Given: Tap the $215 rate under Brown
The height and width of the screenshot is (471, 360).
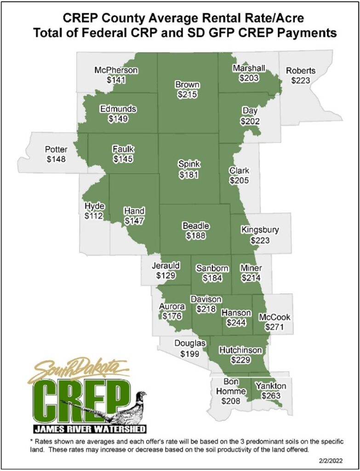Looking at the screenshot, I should (x=187, y=95).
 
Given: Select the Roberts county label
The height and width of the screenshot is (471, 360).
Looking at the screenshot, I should (x=301, y=71).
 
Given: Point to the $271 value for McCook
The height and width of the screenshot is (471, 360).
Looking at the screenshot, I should (x=274, y=327).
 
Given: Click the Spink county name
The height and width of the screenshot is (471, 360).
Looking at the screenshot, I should (x=189, y=164).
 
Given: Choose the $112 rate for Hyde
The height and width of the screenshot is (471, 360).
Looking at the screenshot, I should (x=94, y=215).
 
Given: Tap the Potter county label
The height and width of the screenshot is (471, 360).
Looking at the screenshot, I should (x=56, y=149).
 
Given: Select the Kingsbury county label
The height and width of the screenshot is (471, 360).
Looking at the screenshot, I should (x=260, y=230).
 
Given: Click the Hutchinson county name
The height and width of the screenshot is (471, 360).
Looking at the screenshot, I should (x=240, y=350).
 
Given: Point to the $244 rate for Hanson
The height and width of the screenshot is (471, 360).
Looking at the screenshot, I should (x=236, y=322).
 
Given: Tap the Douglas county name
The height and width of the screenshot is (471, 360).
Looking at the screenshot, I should (x=189, y=343).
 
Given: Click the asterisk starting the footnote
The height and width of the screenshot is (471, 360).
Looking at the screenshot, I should (x=18, y=441).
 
